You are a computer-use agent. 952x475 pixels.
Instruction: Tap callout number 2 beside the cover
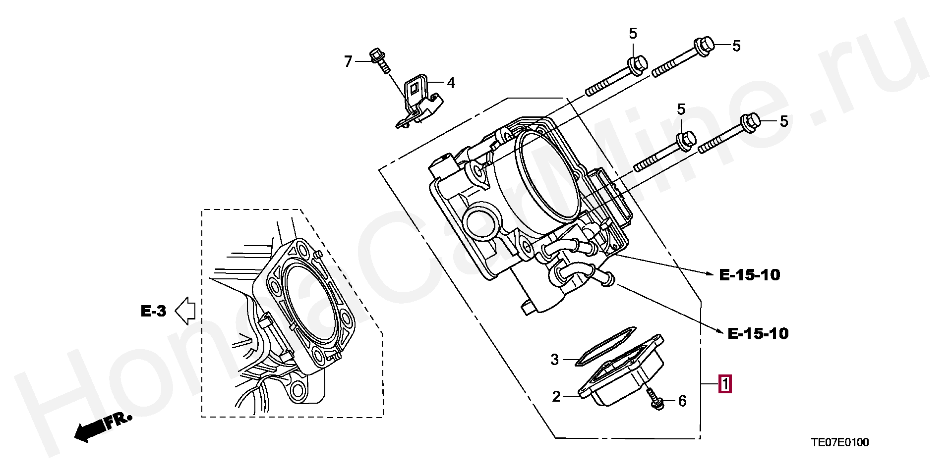(556, 396)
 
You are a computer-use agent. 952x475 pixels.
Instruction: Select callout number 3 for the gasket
(555, 360)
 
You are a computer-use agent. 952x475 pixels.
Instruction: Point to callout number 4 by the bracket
(450, 83)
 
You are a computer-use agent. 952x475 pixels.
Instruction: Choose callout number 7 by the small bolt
(348, 61)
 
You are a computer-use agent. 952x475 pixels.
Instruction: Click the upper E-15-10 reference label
(750, 275)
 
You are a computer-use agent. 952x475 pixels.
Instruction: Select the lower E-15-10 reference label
(758, 334)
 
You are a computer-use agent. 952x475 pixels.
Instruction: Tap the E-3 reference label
(153, 312)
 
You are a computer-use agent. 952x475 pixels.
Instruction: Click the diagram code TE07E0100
(839, 443)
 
